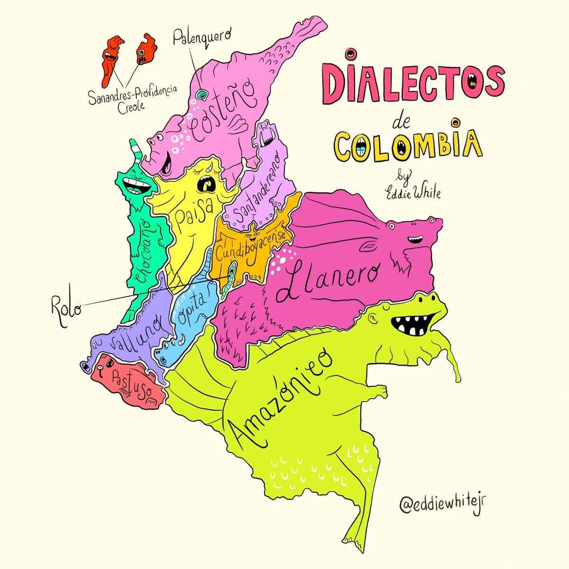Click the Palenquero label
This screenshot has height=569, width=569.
(x=201, y=36)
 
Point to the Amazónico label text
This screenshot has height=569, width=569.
(x=280, y=398)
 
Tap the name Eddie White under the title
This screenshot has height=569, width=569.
(x=413, y=193)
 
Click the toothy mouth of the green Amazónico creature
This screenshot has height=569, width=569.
(x=411, y=325)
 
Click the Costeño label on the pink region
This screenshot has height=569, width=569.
(x=223, y=109)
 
